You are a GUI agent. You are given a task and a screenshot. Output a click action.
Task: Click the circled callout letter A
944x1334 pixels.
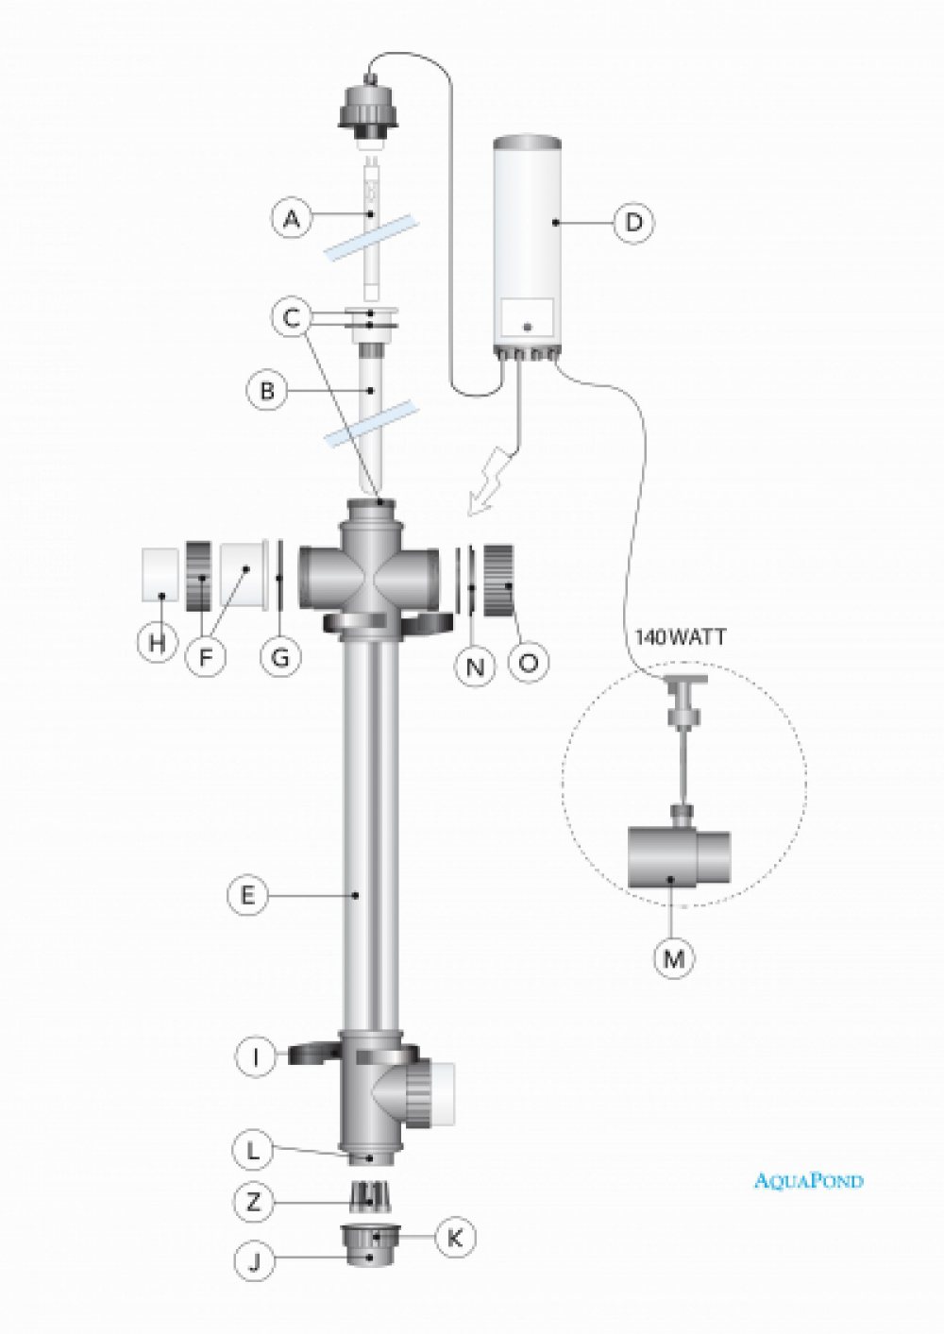(292, 220)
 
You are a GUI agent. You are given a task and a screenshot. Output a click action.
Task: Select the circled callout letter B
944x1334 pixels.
(267, 391)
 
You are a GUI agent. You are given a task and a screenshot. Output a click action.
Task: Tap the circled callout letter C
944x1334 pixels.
(292, 319)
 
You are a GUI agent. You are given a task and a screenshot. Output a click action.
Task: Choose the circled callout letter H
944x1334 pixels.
(158, 642)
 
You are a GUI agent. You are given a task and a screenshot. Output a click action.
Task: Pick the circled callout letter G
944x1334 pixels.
(280, 657)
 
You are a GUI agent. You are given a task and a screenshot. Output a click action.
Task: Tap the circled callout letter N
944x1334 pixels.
(475, 666)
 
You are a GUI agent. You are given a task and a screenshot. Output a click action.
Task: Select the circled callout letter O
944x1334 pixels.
(529, 662)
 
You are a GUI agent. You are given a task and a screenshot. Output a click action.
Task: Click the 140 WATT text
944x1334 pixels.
(681, 637)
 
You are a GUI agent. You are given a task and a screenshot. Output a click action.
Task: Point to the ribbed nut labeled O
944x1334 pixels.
(500, 580)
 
